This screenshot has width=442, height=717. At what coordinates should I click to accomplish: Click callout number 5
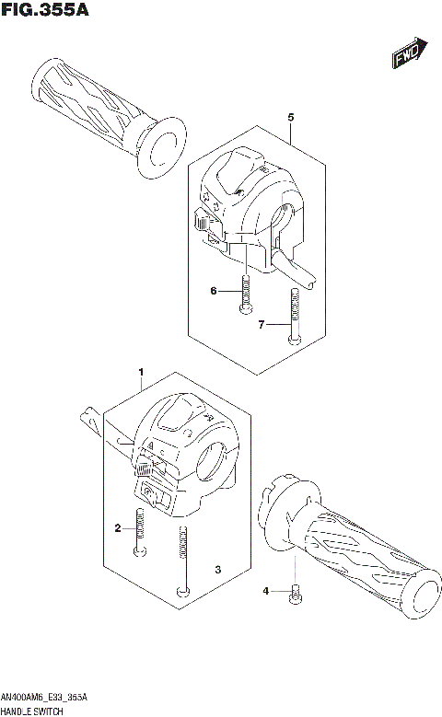[290, 119]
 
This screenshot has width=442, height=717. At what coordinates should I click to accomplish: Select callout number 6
[213, 292]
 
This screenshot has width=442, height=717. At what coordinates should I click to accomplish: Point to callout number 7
[262, 325]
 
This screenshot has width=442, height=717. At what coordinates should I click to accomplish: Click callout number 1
[141, 373]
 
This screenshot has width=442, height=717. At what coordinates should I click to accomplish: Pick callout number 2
[118, 527]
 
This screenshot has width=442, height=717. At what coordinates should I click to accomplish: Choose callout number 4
[265, 591]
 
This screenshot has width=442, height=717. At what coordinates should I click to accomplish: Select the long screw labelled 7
[293, 316]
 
